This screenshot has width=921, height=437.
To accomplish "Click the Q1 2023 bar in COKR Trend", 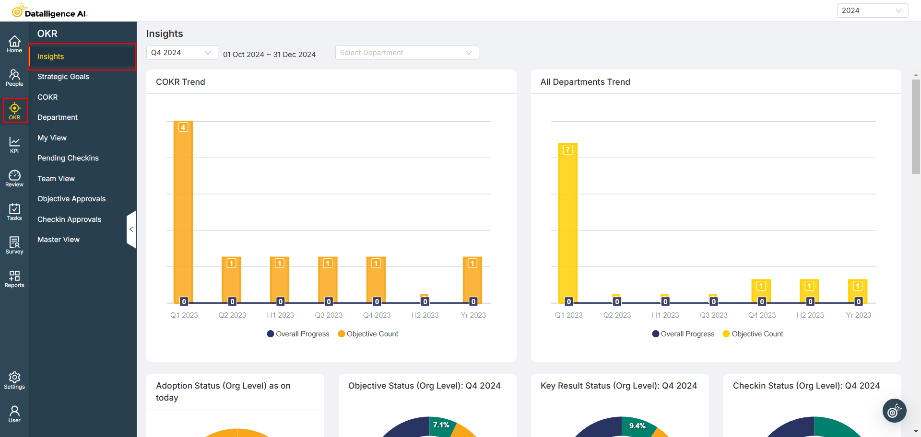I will click(183, 211).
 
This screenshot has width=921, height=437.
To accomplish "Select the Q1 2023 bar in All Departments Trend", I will click(568, 223).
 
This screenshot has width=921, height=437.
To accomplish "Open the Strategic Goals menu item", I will click(63, 77).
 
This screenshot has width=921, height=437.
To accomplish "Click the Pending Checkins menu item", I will click(68, 158).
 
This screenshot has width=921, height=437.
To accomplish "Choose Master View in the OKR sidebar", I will click(59, 240).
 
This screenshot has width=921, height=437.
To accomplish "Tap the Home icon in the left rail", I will click(14, 44).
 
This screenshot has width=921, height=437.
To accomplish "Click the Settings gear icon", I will click(14, 380).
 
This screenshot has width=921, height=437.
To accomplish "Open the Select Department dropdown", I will click(407, 53).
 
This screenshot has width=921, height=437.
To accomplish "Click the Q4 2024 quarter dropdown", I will click(181, 53).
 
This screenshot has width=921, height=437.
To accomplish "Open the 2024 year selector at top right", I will click(872, 11).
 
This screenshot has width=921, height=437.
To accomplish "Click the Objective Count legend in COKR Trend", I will click(368, 334).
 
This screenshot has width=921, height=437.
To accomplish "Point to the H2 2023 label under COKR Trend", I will click(425, 315).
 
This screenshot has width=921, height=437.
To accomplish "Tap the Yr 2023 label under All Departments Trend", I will click(858, 315).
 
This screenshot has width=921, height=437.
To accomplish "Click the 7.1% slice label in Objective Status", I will click(441, 425).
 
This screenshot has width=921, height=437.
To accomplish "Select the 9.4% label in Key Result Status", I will click(637, 426).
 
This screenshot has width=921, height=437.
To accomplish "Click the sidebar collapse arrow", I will click(131, 230).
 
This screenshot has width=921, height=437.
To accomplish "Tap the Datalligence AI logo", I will click(50, 11).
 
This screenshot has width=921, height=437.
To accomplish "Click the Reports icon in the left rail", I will click(14, 278).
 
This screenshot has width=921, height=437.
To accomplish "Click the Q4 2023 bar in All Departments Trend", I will click(761, 291).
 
